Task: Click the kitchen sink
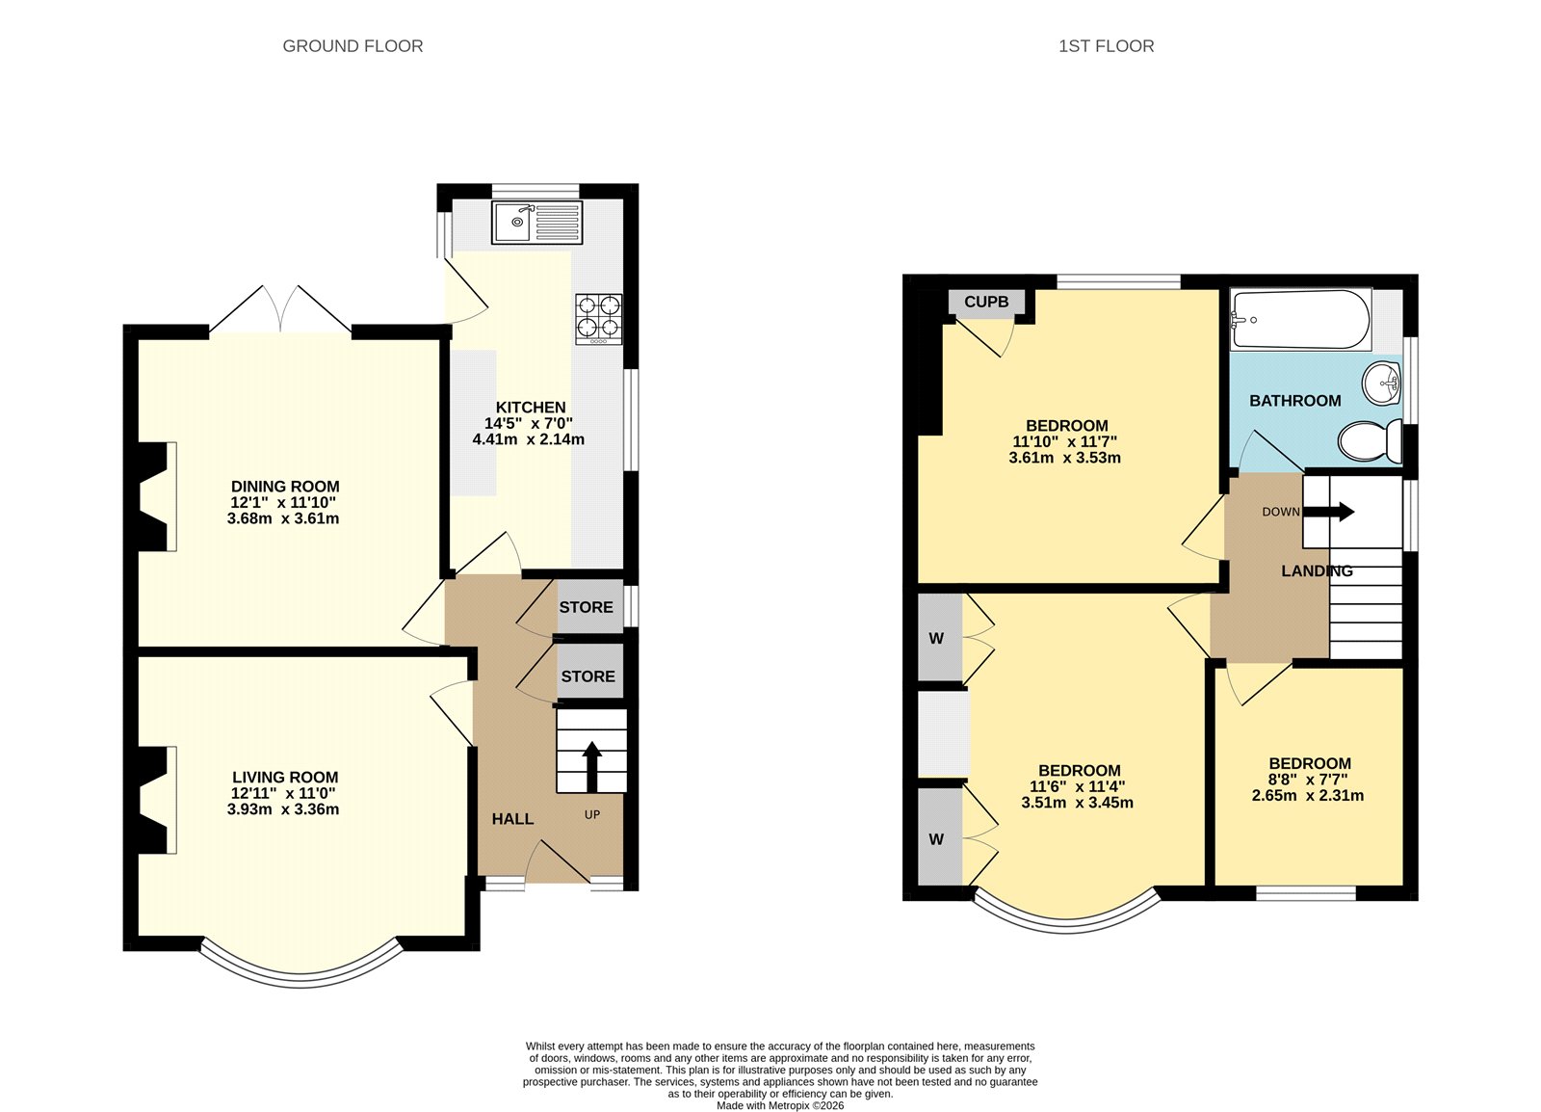click(536, 223)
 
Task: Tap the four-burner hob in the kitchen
click(598, 318)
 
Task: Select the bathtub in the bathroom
click(1300, 320)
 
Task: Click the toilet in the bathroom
click(1371, 440)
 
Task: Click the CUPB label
click(986, 302)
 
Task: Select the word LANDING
click(1317, 570)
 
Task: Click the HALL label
click(512, 819)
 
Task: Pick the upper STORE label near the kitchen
click(586, 607)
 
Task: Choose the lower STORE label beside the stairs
click(588, 676)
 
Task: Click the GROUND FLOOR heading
click(353, 46)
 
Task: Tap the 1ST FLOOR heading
click(1106, 46)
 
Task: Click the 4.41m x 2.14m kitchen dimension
click(528, 439)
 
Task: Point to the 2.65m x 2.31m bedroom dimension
click(1307, 796)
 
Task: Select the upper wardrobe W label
click(936, 638)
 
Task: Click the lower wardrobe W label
click(936, 839)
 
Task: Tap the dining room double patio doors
click(280, 310)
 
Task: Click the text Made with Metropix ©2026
click(779, 1105)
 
